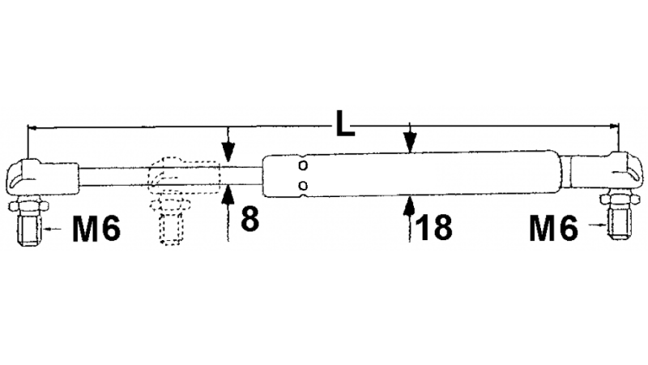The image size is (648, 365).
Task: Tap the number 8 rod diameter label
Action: tap(249, 219)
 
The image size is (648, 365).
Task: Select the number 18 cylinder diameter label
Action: tap(435, 228)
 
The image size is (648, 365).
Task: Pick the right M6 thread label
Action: tap(553, 228)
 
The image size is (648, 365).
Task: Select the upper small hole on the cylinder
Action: tap(302, 166)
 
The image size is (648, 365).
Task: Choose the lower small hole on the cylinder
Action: tap(302, 185)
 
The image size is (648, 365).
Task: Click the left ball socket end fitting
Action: tap(32, 174)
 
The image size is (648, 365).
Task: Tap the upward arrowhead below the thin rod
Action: tap(229, 195)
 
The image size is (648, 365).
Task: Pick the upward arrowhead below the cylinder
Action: tap(411, 204)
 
